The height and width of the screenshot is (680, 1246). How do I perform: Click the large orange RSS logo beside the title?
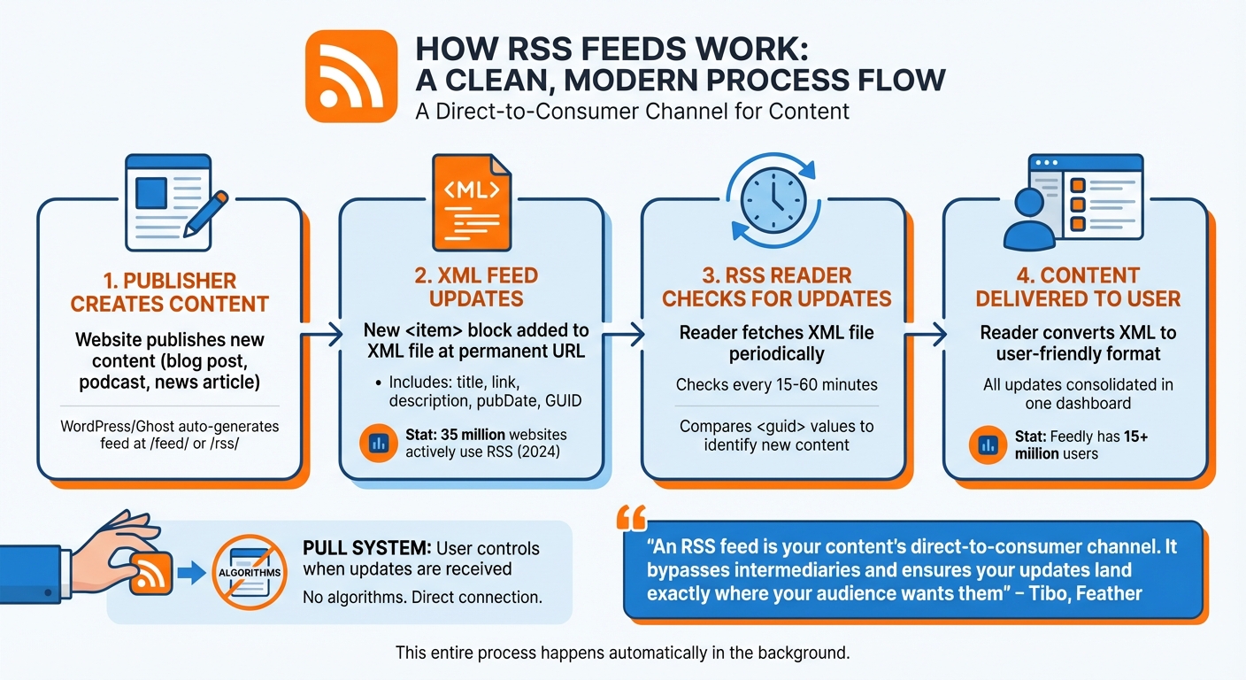pos(350,78)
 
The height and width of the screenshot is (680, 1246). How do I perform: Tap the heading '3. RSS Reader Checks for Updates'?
pos(776,286)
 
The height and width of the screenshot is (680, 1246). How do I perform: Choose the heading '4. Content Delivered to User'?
pos(1078,286)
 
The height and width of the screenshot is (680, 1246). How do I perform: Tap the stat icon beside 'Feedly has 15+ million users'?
pos(987,444)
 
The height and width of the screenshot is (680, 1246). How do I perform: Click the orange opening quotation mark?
pos(635,516)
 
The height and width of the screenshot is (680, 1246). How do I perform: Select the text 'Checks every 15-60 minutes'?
pos(776,385)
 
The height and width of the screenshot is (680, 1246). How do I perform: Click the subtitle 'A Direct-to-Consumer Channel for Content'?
pos(632,112)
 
